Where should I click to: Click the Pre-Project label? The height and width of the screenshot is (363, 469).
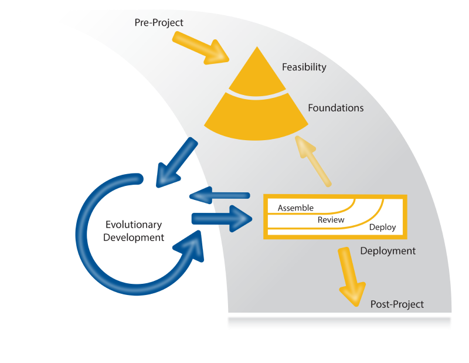point(159,23)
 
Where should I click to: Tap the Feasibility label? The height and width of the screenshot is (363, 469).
point(304,67)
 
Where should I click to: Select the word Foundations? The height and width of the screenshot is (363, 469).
point(335,108)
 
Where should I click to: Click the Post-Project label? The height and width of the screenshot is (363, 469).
point(397,304)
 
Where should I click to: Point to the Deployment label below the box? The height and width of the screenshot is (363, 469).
point(388,251)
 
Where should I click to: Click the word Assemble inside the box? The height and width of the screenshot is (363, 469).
point(295,208)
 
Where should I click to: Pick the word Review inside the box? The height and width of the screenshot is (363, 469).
point(331,220)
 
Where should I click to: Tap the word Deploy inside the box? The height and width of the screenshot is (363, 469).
point(382,228)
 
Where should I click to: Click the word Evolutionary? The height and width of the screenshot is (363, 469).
point(133,225)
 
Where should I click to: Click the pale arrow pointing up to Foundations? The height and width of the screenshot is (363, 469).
point(314,160)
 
